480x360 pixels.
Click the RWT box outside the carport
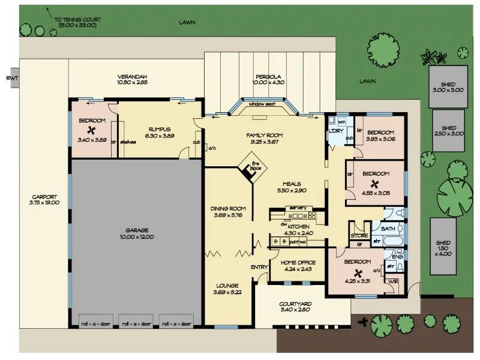click(10, 79)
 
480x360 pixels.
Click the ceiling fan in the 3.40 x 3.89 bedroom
click(92, 131)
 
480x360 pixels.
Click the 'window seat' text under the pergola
click(262, 103)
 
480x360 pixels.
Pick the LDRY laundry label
click(334, 132)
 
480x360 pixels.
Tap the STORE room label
click(359, 236)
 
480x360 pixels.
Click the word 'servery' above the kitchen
click(298, 208)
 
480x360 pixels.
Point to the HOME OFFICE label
click(298, 263)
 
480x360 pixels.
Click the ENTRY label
click(260, 267)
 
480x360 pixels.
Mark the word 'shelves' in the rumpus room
click(128, 142)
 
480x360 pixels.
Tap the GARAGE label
click(137, 230)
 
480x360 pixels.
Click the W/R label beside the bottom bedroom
click(394, 281)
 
